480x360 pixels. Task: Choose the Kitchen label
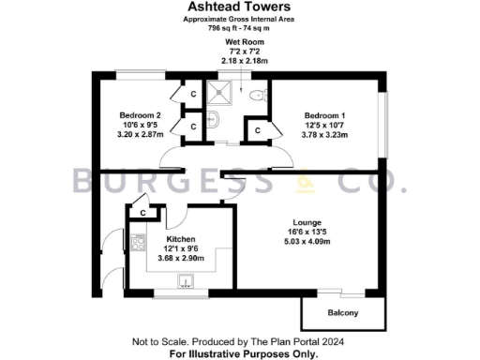pyautogui.click(x=180, y=238)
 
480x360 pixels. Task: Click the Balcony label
pyautogui.click(x=342, y=312)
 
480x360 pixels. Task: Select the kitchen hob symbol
pyautogui.click(x=138, y=245)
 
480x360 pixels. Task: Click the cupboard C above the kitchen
pyautogui.click(x=142, y=214)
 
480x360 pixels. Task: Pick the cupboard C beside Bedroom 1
pyautogui.click(x=257, y=130)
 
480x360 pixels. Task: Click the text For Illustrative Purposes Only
pyautogui.click(x=244, y=354)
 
